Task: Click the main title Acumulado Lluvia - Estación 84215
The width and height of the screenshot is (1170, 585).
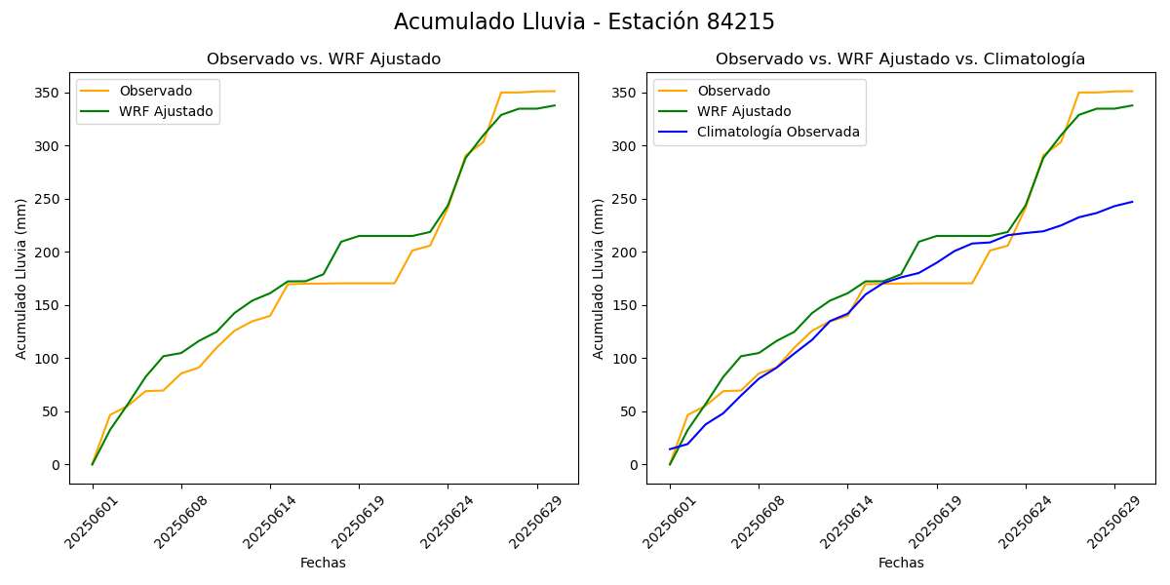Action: [x=584, y=22]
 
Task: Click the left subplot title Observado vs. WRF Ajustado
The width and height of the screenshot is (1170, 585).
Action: [x=324, y=59]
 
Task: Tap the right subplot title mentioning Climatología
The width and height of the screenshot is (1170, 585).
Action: [x=900, y=59]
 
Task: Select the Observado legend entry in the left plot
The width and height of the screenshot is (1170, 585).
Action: [x=155, y=91]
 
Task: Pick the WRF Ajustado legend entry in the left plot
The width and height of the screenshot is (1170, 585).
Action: [x=166, y=111]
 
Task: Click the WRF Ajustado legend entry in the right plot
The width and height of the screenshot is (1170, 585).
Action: [x=743, y=111]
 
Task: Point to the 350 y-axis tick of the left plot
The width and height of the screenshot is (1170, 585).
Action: [x=50, y=94]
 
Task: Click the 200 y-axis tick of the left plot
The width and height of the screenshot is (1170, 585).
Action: [x=50, y=253]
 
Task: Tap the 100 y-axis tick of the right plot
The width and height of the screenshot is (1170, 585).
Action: [x=627, y=359]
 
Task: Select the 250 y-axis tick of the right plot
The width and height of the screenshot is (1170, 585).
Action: [x=627, y=200]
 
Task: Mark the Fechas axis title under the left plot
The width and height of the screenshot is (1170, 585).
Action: [x=323, y=563]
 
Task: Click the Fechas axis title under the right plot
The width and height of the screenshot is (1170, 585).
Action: [x=901, y=563]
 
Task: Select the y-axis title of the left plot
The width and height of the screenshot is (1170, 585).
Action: [x=21, y=278]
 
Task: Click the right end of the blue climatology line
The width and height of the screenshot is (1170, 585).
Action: [x=1132, y=202]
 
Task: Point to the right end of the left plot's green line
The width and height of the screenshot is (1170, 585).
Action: [x=555, y=105]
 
